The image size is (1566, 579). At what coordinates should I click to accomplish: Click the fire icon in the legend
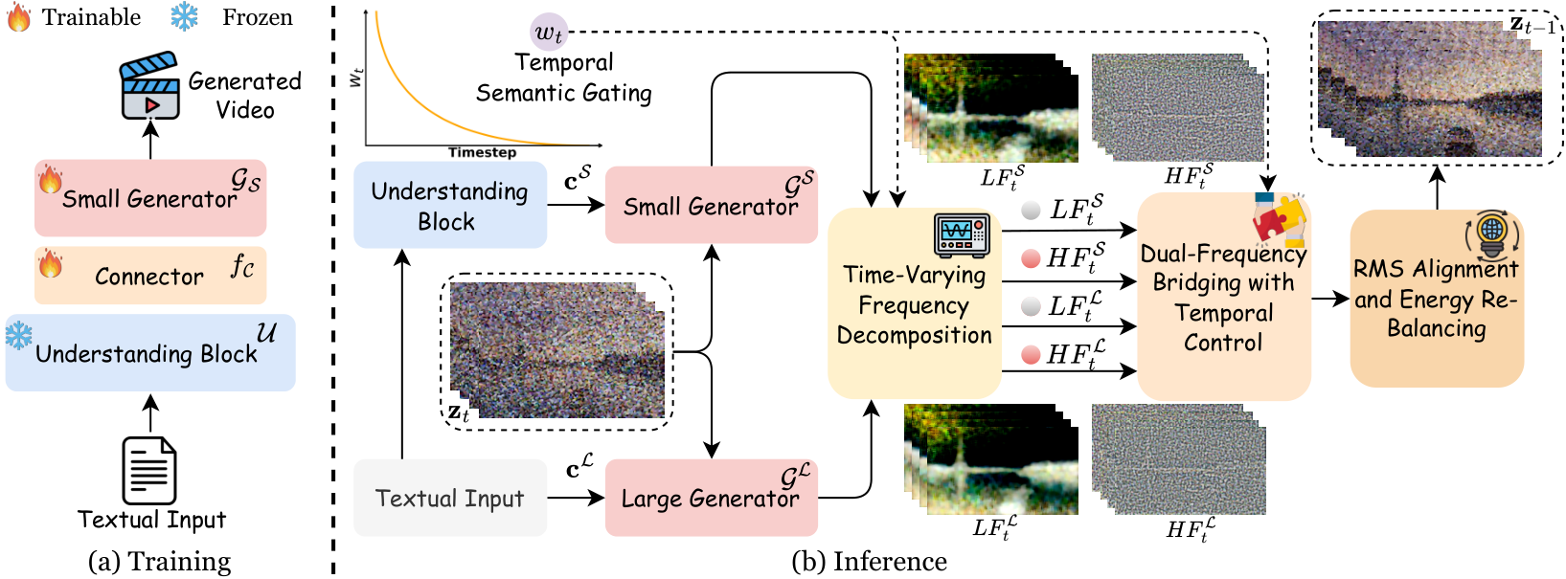(19, 17)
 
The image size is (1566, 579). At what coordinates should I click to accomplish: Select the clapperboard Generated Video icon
(148, 85)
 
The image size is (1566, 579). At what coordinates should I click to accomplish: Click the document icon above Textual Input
(148, 470)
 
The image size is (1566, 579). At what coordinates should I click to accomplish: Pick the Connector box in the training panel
(150, 276)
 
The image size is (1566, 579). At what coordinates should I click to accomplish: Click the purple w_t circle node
(549, 32)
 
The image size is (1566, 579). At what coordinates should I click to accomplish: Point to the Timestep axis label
(483, 152)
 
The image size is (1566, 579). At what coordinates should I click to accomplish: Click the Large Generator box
(711, 498)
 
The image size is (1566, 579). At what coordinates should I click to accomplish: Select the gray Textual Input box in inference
(449, 498)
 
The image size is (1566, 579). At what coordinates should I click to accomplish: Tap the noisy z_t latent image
(557, 350)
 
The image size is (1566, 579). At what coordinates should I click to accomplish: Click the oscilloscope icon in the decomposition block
(962, 236)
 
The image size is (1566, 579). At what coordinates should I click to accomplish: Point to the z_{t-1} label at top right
(1532, 26)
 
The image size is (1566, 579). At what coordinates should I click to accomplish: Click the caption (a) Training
(159, 562)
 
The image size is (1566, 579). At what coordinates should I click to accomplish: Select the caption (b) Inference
(869, 562)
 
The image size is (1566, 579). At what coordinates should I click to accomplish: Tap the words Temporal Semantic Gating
(563, 78)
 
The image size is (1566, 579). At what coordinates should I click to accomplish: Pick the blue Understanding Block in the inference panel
(449, 205)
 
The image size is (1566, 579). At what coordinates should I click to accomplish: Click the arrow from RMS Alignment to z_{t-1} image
(1437, 188)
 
